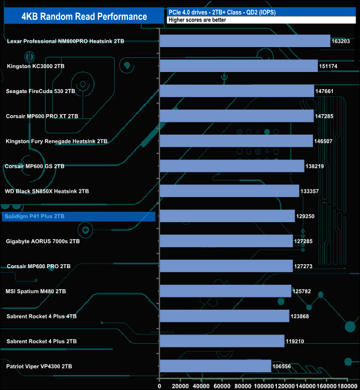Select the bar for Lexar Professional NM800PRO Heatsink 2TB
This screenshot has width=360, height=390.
point(245,41)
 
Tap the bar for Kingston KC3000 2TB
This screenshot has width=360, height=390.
point(239,66)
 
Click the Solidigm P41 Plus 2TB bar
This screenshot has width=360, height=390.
point(227,216)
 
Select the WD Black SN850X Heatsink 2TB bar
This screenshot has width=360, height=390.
point(229,191)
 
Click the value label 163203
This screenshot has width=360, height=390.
point(342,41)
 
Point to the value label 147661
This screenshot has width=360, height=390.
point(326,91)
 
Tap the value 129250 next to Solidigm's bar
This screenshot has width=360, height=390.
point(307,216)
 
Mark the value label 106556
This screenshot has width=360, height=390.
point(283,366)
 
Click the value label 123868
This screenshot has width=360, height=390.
point(301,316)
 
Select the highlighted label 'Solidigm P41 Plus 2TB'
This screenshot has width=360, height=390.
point(33,216)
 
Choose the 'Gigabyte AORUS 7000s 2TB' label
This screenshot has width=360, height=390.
point(43,241)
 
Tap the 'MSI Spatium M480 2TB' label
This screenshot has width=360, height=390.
point(37,291)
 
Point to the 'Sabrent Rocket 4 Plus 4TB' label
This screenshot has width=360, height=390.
point(42,316)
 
